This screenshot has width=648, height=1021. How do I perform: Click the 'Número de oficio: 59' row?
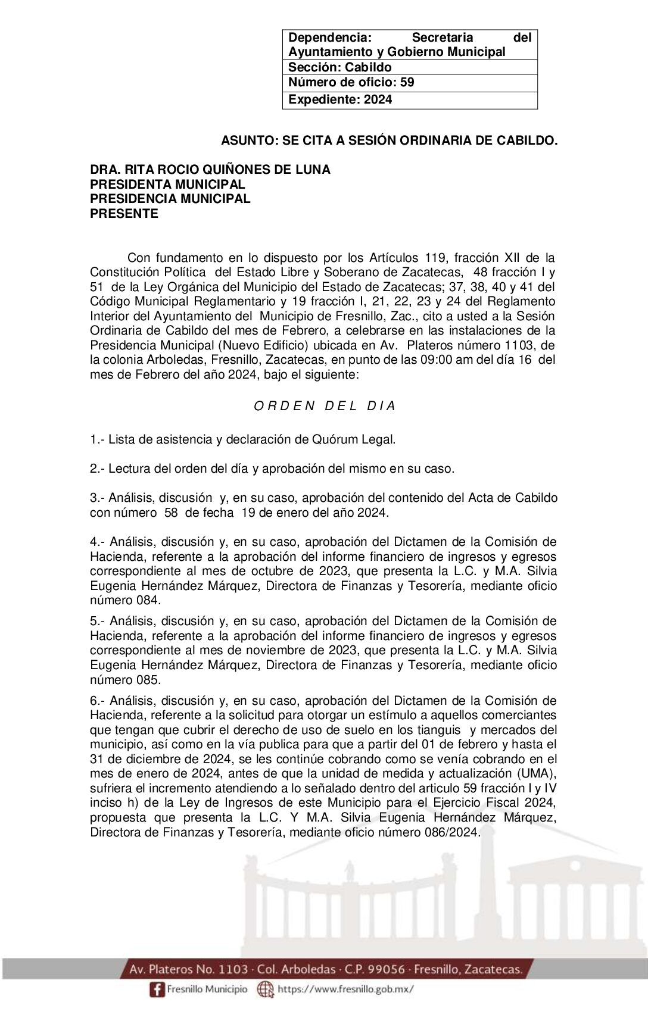click(x=351, y=83)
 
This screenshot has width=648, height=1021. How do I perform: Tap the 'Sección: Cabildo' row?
click(x=339, y=67)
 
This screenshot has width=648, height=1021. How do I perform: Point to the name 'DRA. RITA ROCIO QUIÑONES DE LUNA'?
click(x=210, y=170)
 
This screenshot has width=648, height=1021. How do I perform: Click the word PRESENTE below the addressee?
click(x=124, y=214)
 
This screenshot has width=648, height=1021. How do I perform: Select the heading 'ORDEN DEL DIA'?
click(x=325, y=406)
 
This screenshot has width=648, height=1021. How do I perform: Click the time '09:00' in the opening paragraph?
click(x=433, y=360)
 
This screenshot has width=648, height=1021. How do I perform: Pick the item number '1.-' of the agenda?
click(x=97, y=440)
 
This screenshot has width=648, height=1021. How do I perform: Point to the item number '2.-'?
click(x=97, y=469)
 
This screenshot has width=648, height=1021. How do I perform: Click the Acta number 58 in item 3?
click(x=171, y=513)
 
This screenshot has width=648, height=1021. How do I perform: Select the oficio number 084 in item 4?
click(x=148, y=600)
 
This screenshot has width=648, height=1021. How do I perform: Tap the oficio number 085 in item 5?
click(x=148, y=680)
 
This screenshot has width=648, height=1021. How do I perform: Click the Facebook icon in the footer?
click(x=157, y=989)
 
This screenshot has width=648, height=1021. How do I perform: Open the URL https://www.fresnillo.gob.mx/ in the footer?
click(x=345, y=989)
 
